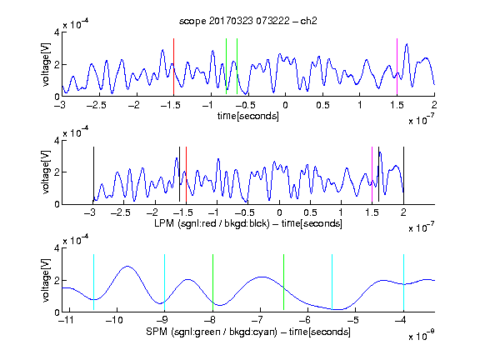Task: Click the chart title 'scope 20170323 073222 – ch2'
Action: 248,21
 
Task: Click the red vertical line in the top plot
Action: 173,67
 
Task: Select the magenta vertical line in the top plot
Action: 397,67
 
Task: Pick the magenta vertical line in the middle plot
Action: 372,174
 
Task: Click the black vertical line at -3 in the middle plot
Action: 93,174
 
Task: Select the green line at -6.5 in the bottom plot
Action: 284,282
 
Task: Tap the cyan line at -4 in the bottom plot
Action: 403,282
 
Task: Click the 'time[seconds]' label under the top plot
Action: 248,116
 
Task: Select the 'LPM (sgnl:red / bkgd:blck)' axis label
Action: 212,223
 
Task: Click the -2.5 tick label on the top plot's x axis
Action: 96,105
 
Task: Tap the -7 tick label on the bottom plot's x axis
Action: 260,320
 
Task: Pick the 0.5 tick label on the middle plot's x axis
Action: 310,212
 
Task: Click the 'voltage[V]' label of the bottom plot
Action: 46,280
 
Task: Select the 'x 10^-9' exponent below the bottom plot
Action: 421,336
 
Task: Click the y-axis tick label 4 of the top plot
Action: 57,32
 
